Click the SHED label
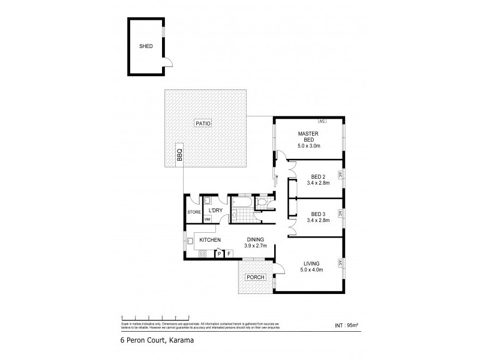(x=146, y=46)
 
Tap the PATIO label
(x=203, y=123)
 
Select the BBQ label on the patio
(x=179, y=155)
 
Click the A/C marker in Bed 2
(x=340, y=175)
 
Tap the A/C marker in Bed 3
(x=340, y=213)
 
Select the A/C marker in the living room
(x=340, y=263)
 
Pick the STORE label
(x=194, y=212)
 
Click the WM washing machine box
(x=208, y=220)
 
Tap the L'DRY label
(x=215, y=211)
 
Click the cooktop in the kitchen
(x=202, y=254)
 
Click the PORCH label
(x=255, y=277)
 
